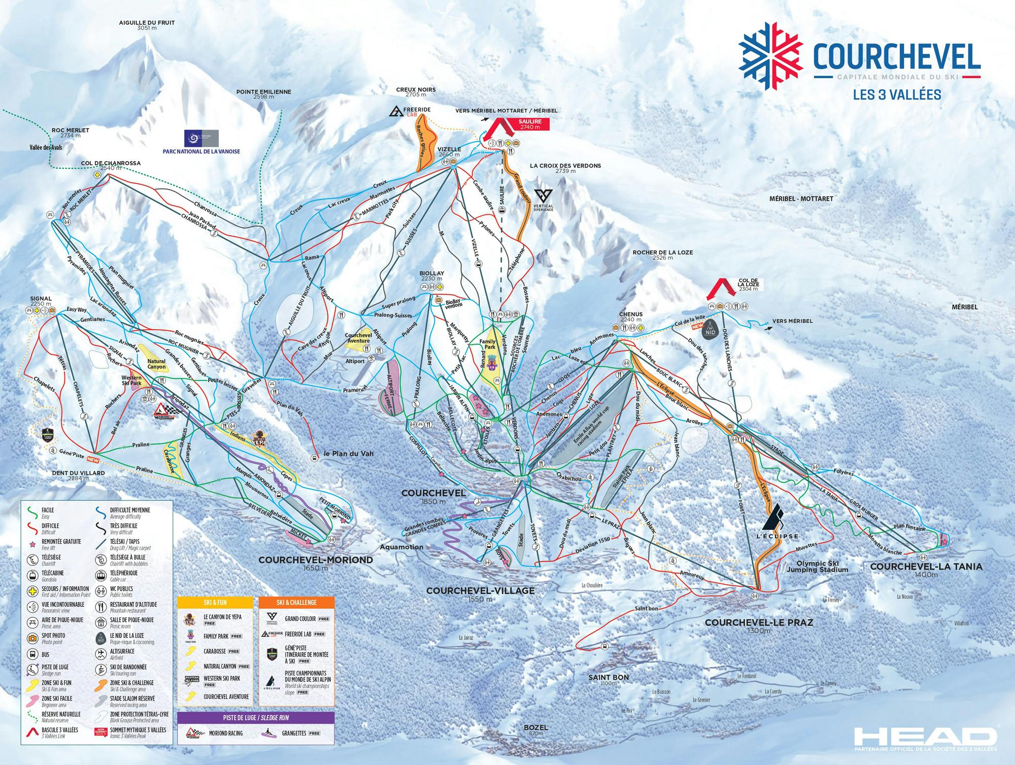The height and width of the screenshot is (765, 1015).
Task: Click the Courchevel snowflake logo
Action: pyautogui.click(x=770, y=56)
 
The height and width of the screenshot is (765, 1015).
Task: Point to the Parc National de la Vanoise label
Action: pyautogui.click(x=201, y=151)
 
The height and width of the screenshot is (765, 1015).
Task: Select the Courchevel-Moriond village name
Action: pyautogui.click(x=316, y=560)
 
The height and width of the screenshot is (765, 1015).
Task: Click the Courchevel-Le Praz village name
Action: pyautogui.click(x=759, y=623)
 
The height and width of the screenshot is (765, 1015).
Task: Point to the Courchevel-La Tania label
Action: pyautogui.click(x=926, y=566)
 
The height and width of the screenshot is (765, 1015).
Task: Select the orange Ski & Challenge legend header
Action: pyautogui.click(x=296, y=602)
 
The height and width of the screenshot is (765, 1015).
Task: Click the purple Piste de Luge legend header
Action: pyautogui.click(x=256, y=718)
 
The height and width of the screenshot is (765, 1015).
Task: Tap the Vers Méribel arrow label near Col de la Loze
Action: pyautogui.click(x=792, y=321)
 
